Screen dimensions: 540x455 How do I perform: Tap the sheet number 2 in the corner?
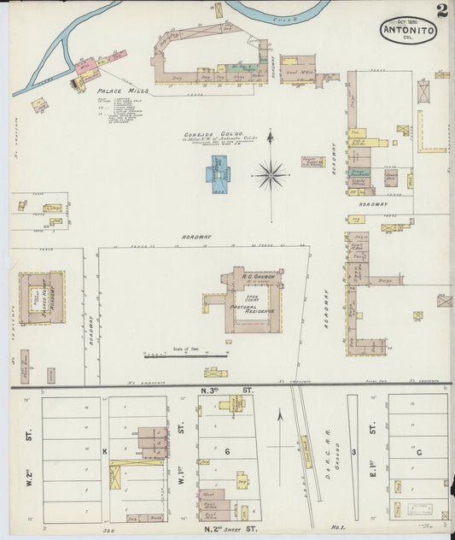tap(441, 10)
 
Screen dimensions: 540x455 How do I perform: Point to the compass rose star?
tap(271, 175)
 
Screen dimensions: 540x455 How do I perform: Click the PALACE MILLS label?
tap(123, 90)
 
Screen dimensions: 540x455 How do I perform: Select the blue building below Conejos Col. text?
tap(219, 169)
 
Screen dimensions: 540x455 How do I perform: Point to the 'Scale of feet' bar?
tap(185, 354)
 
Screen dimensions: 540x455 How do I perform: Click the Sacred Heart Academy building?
tap(43, 298)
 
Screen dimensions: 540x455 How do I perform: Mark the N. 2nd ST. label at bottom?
tap(227, 530)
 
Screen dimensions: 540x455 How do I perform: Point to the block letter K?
tap(105, 450)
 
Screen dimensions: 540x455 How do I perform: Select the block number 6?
tap(228, 450)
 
